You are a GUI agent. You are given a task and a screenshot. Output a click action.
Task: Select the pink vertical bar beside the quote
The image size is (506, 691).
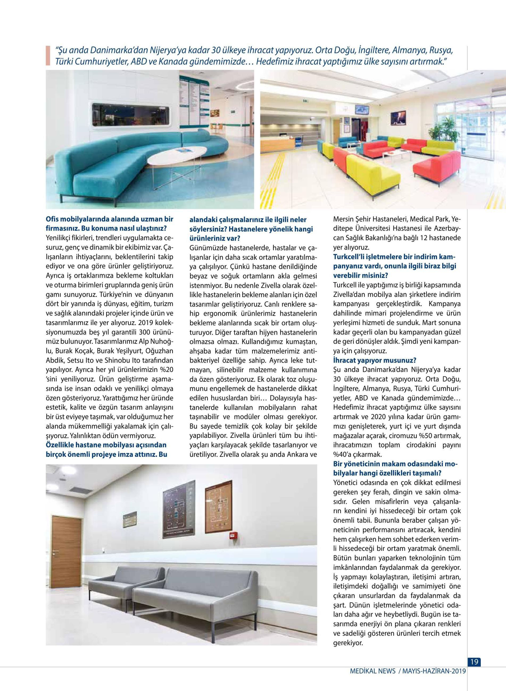click(48, 56)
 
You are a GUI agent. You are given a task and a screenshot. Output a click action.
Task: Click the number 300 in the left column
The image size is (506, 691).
click(145, 332)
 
